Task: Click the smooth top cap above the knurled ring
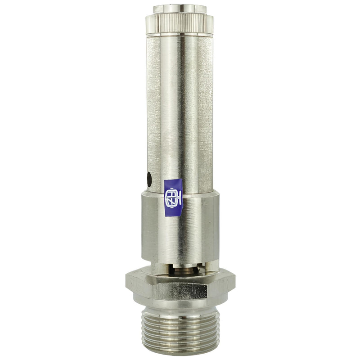coord(180,9)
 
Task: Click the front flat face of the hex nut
coord(180,290)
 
